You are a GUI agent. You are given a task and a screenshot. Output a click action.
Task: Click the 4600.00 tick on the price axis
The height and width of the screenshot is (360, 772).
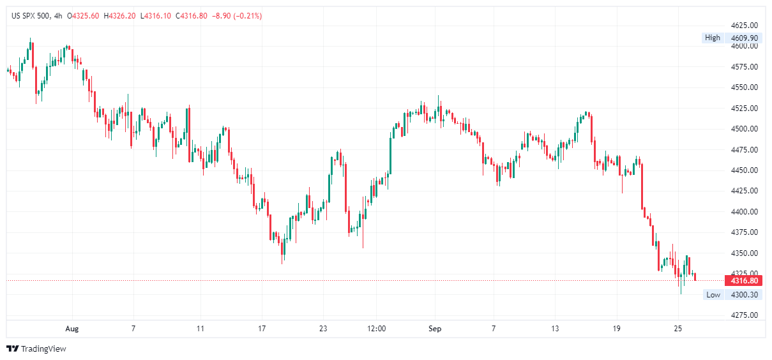(745, 47)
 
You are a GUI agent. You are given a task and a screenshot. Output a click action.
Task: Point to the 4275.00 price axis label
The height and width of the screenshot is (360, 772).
(745, 315)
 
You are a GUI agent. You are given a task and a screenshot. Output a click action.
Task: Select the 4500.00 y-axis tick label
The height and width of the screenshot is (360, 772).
(745, 129)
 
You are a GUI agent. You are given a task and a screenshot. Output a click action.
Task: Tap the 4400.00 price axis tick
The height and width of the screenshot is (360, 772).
(745, 212)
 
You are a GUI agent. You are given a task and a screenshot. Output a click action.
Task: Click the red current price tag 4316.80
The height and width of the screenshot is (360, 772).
(745, 281)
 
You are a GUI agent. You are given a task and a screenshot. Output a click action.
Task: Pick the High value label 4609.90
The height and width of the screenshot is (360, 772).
(745, 38)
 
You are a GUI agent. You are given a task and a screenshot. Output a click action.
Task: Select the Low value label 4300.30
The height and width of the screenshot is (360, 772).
(745, 295)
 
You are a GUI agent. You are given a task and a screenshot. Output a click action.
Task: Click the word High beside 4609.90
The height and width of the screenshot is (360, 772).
(713, 38)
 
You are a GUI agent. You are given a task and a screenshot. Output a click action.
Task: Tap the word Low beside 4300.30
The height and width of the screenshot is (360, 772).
(713, 295)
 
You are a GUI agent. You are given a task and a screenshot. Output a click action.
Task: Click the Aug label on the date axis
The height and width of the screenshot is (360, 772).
(72, 329)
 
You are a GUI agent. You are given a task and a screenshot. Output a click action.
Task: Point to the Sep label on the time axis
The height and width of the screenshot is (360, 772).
(435, 329)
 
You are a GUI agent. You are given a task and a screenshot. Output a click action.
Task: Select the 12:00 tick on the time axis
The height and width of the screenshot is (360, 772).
(377, 329)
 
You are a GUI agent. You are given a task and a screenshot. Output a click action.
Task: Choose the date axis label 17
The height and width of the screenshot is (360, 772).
(261, 329)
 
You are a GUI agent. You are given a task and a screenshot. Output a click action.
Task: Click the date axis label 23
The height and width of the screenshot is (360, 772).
(322, 329)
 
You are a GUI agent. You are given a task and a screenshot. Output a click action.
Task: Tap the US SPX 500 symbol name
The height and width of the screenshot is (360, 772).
(31, 15)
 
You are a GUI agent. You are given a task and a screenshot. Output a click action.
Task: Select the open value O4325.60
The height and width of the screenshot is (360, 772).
(86, 15)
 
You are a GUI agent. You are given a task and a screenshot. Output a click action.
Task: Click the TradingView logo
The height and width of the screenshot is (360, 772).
(36, 349)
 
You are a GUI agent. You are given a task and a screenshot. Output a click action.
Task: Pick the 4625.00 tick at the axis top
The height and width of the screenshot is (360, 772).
(745, 26)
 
